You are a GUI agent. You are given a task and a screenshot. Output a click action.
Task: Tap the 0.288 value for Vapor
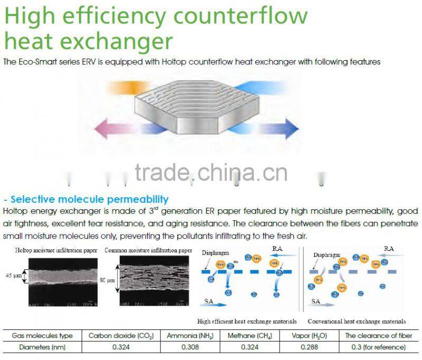(x=309, y=347)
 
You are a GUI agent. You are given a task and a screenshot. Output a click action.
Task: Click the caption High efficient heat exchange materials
(x=247, y=321)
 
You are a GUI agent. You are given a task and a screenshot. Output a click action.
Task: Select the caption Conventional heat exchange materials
(x=357, y=321)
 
